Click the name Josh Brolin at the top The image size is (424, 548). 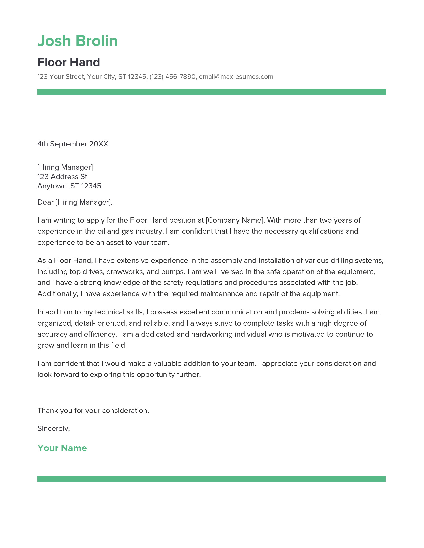(x=77, y=41)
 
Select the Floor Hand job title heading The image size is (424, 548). (x=69, y=62)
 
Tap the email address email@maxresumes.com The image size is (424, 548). (x=236, y=77)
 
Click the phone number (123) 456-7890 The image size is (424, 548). (x=172, y=77)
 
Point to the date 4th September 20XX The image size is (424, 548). (x=73, y=144)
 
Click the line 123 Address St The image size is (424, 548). (x=62, y=177)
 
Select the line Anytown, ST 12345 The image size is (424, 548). (x=69, y=186)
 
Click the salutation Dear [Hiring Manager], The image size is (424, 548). (x=75, y=202)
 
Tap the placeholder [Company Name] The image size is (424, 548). (x=235, y=220)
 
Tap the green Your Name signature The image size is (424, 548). (x=62, y=448)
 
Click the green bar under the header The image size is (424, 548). (x=212, y=92)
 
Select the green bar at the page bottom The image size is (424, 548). (x=211, y=479)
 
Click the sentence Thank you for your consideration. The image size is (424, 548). (x=93, y=411)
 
